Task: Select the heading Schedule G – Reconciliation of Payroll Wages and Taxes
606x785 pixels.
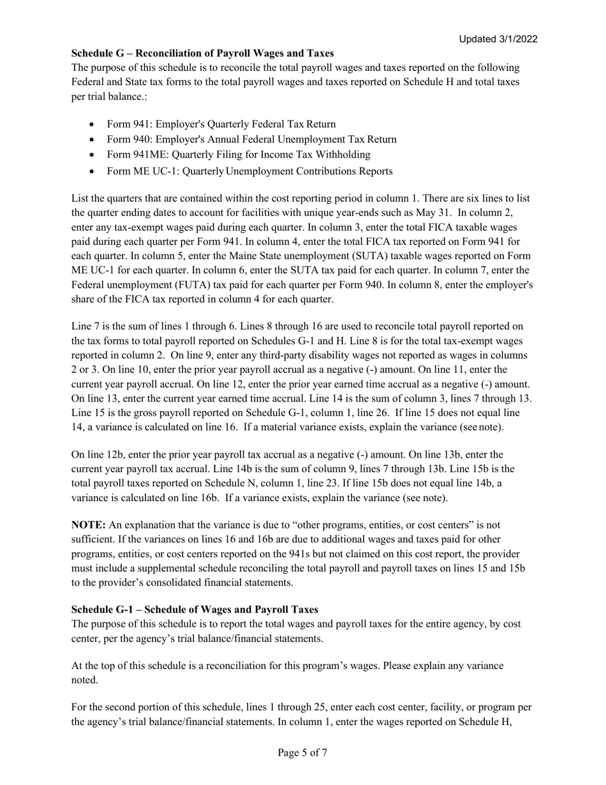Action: pos(202,53)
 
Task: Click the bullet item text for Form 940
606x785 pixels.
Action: pos(251,139)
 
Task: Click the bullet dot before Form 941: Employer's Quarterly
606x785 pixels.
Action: pos(94,124)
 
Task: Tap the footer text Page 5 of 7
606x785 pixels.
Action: pos(302,752)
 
